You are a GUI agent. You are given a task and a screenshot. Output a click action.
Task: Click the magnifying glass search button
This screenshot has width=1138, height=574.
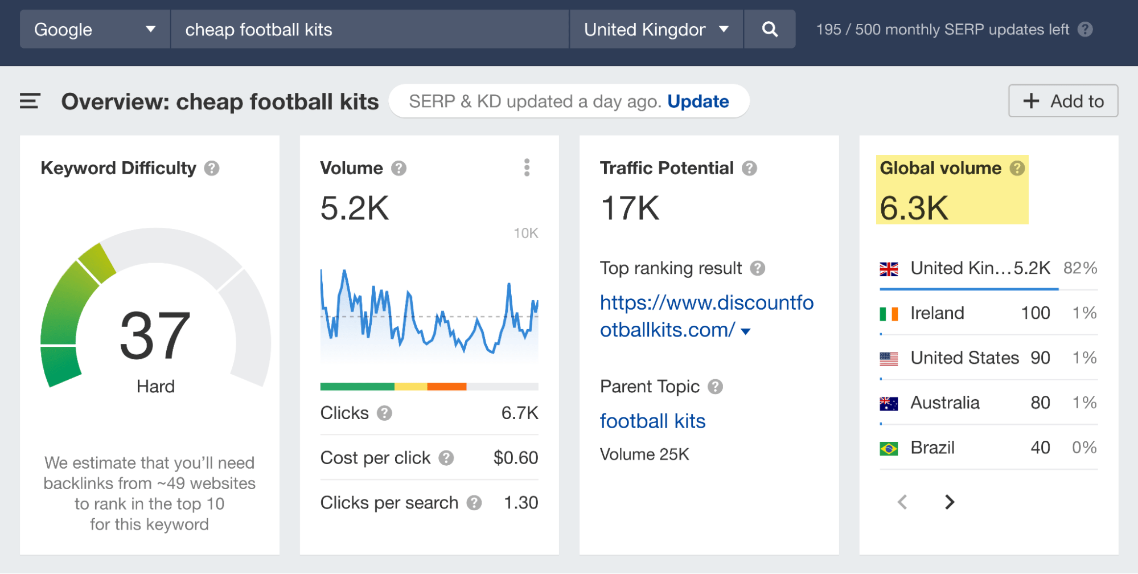click(770, 29)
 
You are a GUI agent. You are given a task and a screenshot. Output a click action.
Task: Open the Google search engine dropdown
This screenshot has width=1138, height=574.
click(95, 29)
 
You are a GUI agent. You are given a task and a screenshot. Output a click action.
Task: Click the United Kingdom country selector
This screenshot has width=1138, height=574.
click(656, 29)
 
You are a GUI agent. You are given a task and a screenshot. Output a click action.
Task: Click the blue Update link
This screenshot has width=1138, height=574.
click(698, 101)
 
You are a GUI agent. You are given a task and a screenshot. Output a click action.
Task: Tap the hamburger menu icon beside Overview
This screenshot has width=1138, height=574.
click(30, 101)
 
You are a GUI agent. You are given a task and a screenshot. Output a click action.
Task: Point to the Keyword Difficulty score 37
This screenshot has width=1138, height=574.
click(155, 336)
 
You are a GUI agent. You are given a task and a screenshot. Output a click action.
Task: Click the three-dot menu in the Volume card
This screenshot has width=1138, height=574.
click(527, 167)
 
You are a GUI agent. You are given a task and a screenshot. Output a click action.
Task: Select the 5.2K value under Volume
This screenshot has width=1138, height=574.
click(355, 208)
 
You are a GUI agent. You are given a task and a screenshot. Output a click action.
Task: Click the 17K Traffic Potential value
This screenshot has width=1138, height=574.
click(630, 208)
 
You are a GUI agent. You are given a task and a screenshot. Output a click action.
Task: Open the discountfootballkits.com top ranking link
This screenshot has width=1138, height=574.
click(706, 316)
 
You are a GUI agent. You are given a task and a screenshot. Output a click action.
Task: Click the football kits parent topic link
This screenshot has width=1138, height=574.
click(652, 421)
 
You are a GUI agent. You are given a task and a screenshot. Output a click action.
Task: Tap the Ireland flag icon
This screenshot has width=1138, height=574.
click(889, 313)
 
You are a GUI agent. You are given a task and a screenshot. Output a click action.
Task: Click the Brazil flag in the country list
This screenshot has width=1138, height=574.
click(889, 448)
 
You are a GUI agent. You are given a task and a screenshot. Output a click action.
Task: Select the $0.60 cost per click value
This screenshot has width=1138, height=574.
click(515, 458)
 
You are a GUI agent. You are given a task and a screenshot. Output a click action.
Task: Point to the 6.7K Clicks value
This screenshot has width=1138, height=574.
click(519, 413)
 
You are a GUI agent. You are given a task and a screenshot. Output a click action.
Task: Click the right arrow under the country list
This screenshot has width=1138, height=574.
click(949, 502)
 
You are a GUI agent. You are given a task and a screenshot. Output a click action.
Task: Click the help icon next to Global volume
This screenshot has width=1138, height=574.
click(1017, 168)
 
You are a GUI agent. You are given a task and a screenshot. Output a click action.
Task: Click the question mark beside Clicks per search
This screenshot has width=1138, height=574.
click(474, 503)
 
